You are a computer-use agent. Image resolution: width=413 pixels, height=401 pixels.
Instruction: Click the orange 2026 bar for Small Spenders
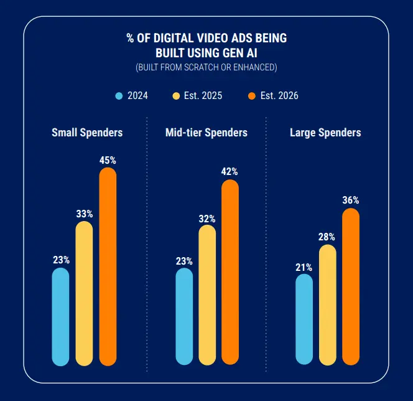[108, 267]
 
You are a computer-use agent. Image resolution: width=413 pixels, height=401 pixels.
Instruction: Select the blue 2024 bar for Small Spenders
[60, 316]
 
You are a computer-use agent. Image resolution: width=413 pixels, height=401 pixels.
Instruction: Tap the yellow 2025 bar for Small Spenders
[84, 293]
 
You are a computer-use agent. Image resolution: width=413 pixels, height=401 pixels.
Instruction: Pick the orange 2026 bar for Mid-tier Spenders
[230, 272]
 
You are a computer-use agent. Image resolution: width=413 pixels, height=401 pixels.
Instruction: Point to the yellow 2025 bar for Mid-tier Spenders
[207, 295]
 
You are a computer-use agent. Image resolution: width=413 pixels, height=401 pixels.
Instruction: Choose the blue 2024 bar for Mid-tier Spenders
[184, 316]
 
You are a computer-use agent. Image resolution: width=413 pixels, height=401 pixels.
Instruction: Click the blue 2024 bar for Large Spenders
[304, 319]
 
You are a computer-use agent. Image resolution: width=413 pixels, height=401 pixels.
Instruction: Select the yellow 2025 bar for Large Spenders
[327, 304]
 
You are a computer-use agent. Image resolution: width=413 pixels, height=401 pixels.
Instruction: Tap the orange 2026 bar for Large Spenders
[351, 286]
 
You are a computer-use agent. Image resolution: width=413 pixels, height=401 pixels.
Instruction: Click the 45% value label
[108, 160]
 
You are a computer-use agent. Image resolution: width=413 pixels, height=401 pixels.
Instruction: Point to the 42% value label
[230, 171]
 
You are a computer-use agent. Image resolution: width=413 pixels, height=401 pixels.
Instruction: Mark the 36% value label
[351, 200]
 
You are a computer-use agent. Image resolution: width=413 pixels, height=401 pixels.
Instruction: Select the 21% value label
[304, 267]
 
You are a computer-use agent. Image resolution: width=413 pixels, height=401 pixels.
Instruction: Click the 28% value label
[327, 237]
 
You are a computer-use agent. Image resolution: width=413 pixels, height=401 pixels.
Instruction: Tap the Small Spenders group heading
[87, 133]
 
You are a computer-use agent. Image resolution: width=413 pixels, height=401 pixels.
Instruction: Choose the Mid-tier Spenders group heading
[206, 133]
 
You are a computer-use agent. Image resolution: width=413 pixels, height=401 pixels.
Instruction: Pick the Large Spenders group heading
[325, 133]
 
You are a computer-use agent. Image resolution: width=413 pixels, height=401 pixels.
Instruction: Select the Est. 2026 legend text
[279, 96]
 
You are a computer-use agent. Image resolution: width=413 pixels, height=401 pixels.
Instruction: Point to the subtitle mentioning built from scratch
[206, 67]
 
